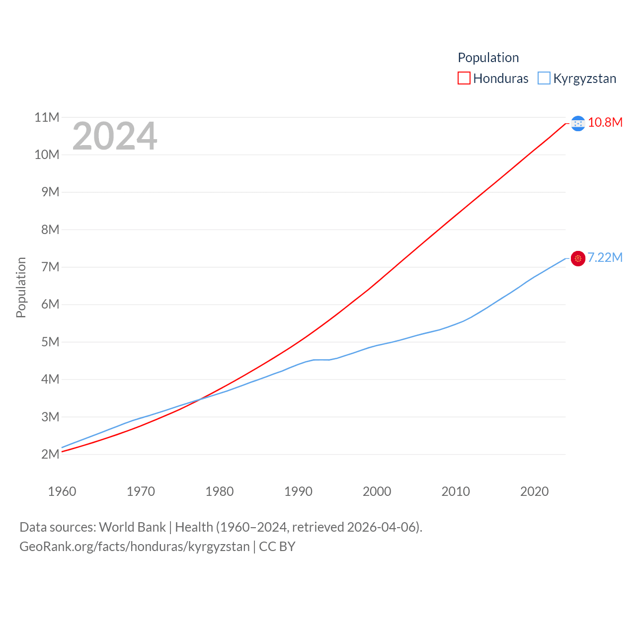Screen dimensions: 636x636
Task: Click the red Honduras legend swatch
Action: [464, 79]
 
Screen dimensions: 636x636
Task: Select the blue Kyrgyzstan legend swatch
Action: [544, 79]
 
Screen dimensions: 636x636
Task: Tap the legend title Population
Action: [488, 58]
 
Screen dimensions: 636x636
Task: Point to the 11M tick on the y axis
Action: [47, 117]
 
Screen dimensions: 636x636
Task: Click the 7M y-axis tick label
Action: [50, 267]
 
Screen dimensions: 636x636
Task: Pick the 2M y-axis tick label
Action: [50, 454]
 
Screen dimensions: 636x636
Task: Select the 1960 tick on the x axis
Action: [62, 491]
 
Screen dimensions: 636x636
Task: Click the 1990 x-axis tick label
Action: [298, 491]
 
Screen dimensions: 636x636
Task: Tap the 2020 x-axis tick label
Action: [534, 491]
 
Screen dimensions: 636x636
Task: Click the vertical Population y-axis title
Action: [21, 287]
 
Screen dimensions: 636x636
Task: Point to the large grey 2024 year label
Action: [115, 136]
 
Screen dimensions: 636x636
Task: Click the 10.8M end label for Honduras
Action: [605, 122]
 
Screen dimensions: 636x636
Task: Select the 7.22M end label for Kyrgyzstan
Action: [605, 257]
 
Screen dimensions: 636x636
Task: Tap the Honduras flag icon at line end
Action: [578, 123]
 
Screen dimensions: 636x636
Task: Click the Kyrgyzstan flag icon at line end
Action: [578, 258]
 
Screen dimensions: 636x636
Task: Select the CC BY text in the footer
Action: [277, 547]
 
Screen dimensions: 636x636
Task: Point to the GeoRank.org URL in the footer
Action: [134, 547]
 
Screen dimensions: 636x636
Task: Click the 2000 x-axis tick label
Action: [377, 491]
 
